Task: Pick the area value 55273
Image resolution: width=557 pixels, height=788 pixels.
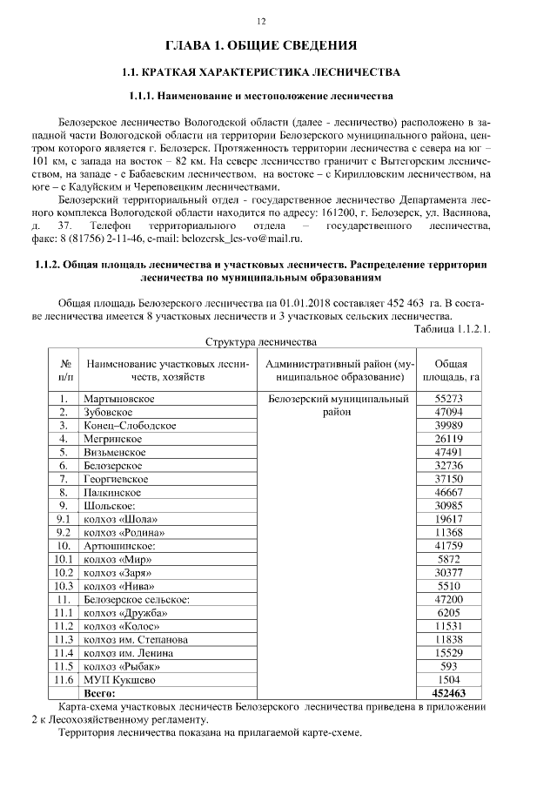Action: [x=451, y=398]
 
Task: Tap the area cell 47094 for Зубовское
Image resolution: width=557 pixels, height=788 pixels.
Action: [x=451, y=412]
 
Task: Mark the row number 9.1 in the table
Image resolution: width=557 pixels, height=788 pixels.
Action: [x=64, y=517]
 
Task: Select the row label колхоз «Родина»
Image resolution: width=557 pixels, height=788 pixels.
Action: [x=123, y=531]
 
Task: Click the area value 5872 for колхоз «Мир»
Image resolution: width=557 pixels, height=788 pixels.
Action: [x=451, y=559]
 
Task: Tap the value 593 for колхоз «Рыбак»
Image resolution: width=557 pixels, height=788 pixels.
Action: [x=451, y=666]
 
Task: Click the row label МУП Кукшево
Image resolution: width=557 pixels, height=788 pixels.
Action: [x=119, y=679]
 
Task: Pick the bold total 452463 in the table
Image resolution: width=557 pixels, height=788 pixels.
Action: [x=451, y=693]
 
